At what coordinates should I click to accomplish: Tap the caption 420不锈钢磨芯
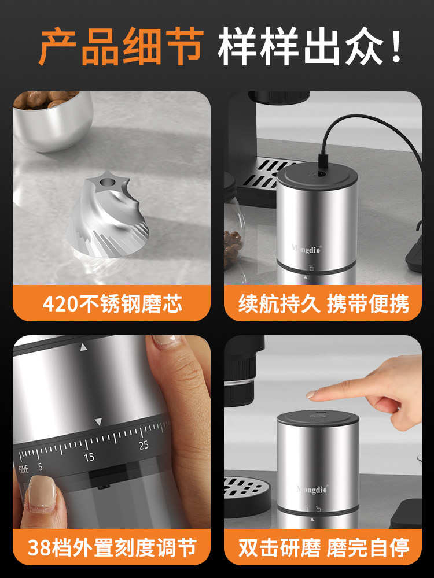point(112,303)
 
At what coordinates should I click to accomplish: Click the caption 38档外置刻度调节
point(112,546)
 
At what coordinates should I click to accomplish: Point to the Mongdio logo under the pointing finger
point(312,489)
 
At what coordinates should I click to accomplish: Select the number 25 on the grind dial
point(144,444)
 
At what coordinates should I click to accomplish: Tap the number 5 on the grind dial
point(40,466)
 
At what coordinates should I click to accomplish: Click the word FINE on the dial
point(23,469)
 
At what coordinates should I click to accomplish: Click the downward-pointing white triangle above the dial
point(98,422)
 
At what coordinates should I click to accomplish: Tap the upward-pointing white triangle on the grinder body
point(84,348)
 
